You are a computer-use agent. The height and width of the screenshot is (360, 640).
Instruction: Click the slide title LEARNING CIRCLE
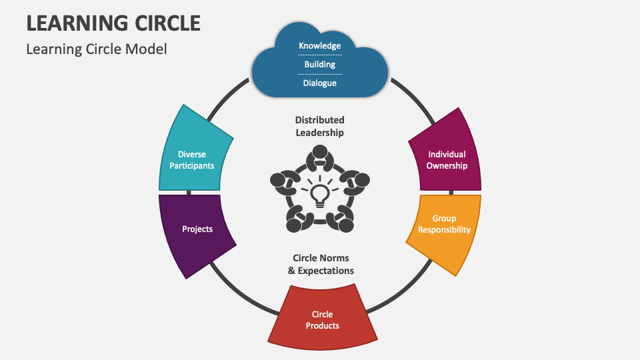pos(113,23)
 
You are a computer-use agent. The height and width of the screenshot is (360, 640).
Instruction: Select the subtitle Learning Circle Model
pos(96,49)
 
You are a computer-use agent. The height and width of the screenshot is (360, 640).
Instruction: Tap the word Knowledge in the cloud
pos(319,46)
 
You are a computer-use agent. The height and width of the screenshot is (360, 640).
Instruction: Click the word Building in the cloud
pos(319,65)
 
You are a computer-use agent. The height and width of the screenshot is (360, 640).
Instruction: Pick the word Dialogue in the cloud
pos(319,83)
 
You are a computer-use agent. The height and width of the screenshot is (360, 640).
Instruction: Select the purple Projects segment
pos(197,230)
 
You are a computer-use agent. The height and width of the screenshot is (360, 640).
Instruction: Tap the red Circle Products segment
pos(322,319)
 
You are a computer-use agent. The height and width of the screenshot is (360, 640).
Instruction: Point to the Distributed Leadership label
pos(320,126)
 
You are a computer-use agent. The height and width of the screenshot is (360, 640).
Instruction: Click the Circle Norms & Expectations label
pos(321,264)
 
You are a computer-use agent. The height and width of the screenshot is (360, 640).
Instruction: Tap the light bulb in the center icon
pos(320,194)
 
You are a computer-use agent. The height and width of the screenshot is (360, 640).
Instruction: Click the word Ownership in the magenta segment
pos(447,165)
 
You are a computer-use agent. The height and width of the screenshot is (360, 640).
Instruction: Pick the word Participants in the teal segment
pos(192,165)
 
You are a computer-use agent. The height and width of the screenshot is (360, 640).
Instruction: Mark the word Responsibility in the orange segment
pos(444,230)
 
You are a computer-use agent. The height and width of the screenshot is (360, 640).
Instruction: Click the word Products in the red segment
pos(322,326)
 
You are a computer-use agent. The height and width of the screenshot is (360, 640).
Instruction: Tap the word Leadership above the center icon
pos(320,133)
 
